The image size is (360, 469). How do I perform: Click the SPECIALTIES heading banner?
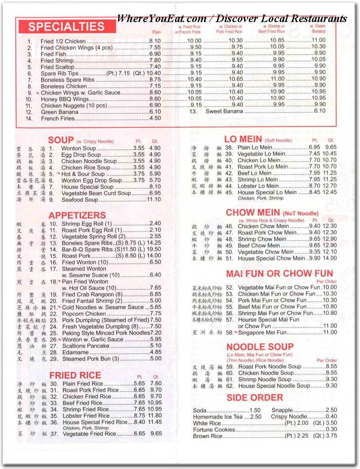[66, 26]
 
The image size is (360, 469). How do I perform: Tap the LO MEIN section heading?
[243, 140]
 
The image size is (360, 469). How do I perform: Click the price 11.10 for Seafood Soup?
[153, 200]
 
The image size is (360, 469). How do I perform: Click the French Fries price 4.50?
[155, 118]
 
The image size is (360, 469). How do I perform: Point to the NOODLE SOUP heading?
[260, 347]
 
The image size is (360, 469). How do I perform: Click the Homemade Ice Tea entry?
[218, 417]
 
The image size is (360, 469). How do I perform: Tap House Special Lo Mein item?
[267, 193]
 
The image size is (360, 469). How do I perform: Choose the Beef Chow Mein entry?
[258, 246]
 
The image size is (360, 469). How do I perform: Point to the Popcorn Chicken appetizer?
[84, 314]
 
